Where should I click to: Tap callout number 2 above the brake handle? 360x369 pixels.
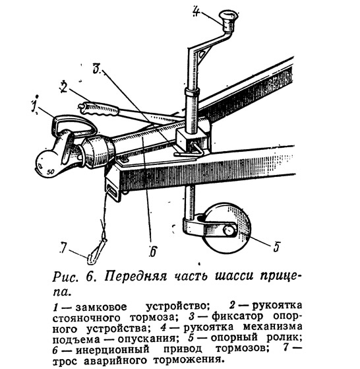[64, 87]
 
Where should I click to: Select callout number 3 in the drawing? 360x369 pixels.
[97, 68]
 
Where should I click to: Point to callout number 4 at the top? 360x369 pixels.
[196, 11]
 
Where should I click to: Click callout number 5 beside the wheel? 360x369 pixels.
[276, 246]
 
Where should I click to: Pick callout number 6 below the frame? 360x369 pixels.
[153, 252]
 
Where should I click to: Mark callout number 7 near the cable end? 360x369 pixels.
[63, 248]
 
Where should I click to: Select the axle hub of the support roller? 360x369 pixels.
[229, 230]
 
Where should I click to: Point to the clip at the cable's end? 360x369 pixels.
[96, 252]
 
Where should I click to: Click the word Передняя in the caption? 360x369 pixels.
[136, 277]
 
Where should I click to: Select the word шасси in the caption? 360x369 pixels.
[235, 276]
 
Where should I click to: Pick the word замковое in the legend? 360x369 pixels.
[101, 307]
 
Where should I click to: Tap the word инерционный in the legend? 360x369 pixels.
[113, 349]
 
